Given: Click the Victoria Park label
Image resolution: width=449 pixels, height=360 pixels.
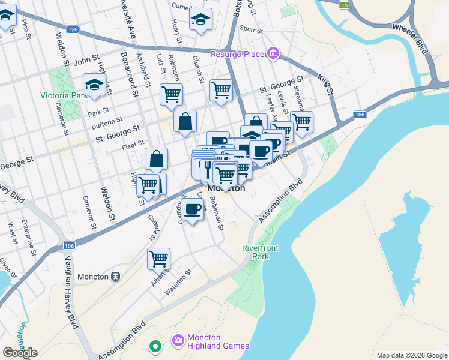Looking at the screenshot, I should tap(64, 95).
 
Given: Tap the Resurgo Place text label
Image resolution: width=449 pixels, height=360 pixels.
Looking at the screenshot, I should tap(237, 55).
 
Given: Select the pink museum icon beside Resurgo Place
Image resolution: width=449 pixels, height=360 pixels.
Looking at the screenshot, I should tap(273, 54).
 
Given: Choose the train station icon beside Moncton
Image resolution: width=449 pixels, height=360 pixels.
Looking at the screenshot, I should tap(115, 277).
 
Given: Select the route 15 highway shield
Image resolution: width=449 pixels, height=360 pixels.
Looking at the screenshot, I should tap(344, 5).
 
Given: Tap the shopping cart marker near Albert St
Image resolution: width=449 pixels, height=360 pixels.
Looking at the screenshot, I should tap(159, 259).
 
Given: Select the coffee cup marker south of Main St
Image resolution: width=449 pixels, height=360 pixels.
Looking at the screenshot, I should tap(192, 209).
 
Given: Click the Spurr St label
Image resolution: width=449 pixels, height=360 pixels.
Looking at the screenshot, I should tap(251, 29).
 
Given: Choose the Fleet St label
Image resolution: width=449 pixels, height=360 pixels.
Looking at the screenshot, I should tap(132, 143).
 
